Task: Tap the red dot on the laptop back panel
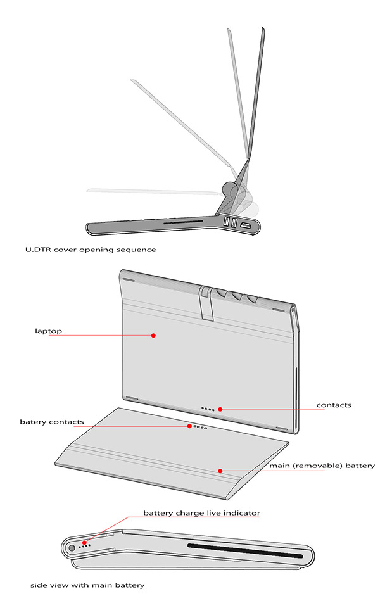(153, 336)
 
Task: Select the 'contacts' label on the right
(334, 405)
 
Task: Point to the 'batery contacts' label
(51, 421)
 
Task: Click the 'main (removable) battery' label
(322, 465)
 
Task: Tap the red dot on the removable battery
(220, 471)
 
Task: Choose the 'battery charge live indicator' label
(201, 512)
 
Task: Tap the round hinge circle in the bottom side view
(71, 546)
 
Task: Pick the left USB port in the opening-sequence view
(225, 222)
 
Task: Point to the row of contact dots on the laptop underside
(208, 409)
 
